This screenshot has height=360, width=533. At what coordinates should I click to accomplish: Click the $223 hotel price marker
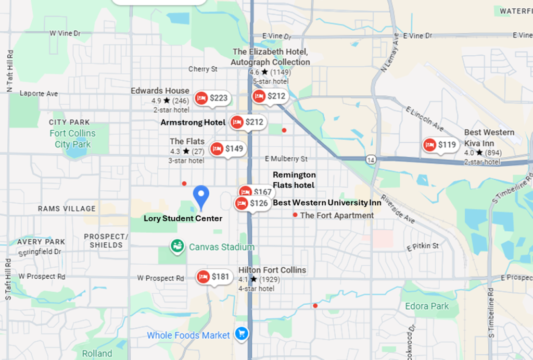pos(212,98)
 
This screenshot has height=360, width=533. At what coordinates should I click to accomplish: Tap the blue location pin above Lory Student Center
pos(201,197)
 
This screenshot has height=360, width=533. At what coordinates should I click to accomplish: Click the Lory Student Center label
pos(183,219)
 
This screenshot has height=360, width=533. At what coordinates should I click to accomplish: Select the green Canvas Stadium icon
pos(177,246)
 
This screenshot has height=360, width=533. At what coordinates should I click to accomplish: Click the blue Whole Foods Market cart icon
pos(240,333)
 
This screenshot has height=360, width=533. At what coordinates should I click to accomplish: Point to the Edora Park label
pos(427,306)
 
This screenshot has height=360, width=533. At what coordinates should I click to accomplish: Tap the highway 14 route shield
pos(370,158)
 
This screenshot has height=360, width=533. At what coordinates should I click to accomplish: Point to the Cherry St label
pos(202,69)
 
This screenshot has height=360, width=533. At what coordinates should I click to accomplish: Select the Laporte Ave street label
pos(39,94)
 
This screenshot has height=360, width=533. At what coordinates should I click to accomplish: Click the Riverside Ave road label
pos(397,208)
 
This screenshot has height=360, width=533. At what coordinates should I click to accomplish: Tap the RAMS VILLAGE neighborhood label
pos(67,209)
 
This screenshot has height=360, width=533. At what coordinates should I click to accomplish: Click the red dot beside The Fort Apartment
pos(295,215)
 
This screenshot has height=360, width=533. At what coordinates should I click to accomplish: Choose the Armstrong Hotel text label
pos(193,122)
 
